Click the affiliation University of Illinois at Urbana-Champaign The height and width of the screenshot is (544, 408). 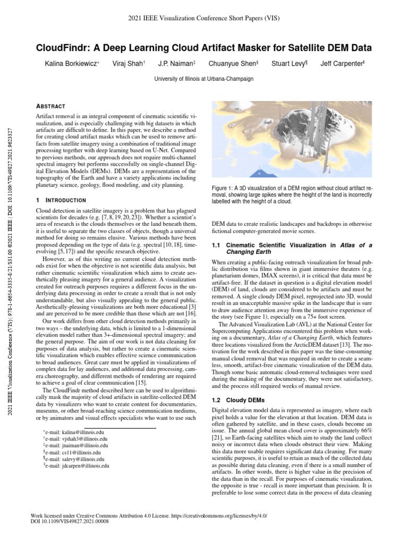pos(203,78)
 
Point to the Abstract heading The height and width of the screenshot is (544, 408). pos(50,106)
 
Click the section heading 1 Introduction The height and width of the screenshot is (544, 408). pos(61,200)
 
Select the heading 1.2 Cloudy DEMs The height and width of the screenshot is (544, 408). pos(234,399)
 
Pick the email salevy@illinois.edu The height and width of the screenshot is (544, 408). pos(74,459)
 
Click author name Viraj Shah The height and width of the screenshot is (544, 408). pos(127,64)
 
